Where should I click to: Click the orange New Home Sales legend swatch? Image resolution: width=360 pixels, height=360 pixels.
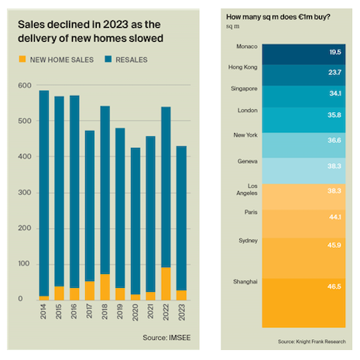[x=23, y=60]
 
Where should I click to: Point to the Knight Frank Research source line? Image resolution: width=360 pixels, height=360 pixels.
[x=315, y=341]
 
